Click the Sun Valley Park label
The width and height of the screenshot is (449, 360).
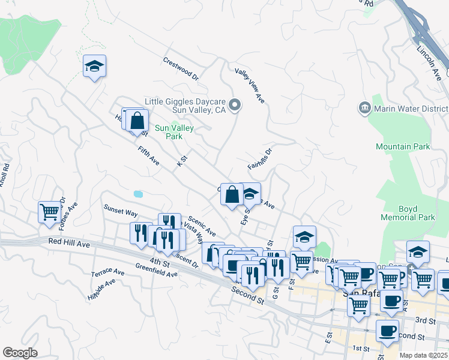169,132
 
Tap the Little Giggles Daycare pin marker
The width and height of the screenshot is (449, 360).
236,106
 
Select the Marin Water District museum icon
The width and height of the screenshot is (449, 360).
364,108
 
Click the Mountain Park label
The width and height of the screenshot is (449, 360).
402,146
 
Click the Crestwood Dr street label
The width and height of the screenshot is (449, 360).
180,68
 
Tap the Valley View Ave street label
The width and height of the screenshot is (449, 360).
250,86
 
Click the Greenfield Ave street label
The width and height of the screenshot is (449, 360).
156,270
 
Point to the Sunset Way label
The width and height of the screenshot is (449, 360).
121,212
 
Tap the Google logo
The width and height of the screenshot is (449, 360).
20,353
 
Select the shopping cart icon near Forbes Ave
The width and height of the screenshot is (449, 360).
49,211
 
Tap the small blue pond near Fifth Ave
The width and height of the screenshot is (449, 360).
139,194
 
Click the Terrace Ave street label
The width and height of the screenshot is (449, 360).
107,272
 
